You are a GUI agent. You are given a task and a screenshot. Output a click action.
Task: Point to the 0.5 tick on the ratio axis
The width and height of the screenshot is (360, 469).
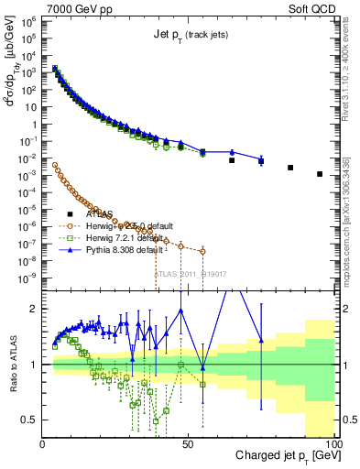30,420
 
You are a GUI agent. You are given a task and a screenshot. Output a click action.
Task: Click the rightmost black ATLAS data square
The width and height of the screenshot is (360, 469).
320,174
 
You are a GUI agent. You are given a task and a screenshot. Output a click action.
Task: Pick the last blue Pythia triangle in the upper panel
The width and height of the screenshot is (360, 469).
261,160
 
